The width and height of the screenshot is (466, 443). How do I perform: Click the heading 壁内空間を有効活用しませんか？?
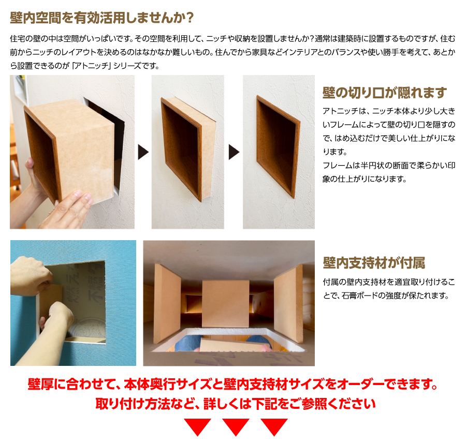pos(102,18)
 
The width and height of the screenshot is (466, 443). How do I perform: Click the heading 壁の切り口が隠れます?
pos(384,93)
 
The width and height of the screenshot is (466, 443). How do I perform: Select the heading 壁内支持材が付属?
pos(373,263)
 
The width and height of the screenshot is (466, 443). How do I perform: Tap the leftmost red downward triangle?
pos(197,426)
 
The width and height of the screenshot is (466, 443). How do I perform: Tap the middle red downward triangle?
pos(236,426)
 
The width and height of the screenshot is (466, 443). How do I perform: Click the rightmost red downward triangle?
pos(274,426)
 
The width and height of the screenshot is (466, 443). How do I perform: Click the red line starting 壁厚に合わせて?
pos(232,385)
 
